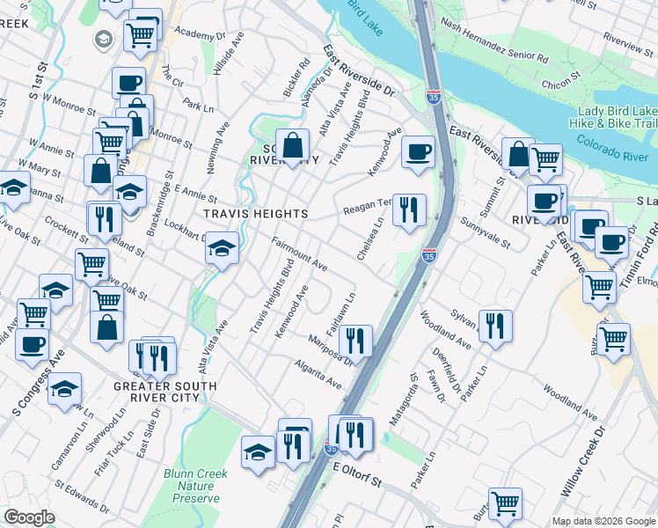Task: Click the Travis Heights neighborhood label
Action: (x=255, y=214)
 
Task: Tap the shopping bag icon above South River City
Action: (x=292, y=144)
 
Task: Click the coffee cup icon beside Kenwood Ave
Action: (x=418, y=150)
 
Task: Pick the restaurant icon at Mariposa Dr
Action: (x=355, y=339)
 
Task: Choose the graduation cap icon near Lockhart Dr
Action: (x=222, y=248)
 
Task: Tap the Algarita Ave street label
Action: (x=318, y=374)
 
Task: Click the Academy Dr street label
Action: (x=201, y=34)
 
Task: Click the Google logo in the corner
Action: (x=30, y=517)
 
